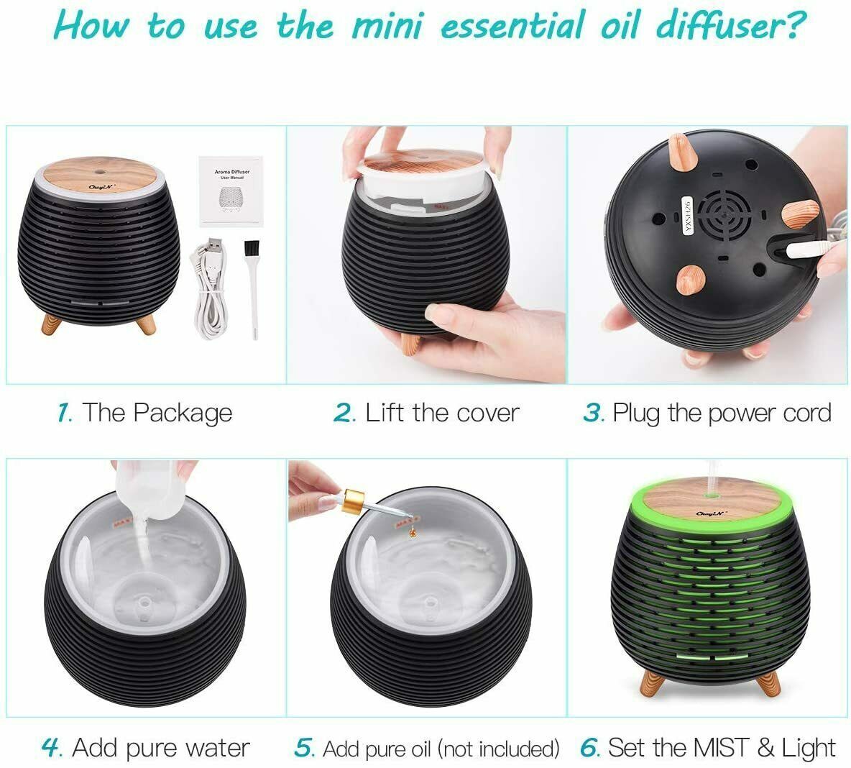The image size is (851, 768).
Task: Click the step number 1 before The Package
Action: click(63, 413)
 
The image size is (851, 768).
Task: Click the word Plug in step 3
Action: click(635, 413)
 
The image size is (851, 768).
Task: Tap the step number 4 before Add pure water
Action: click(51, 747)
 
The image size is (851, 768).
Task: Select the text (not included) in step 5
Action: click(500, 749)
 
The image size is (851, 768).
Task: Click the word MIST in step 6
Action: click(719, 747)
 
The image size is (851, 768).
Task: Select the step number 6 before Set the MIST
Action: click(589, 747)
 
